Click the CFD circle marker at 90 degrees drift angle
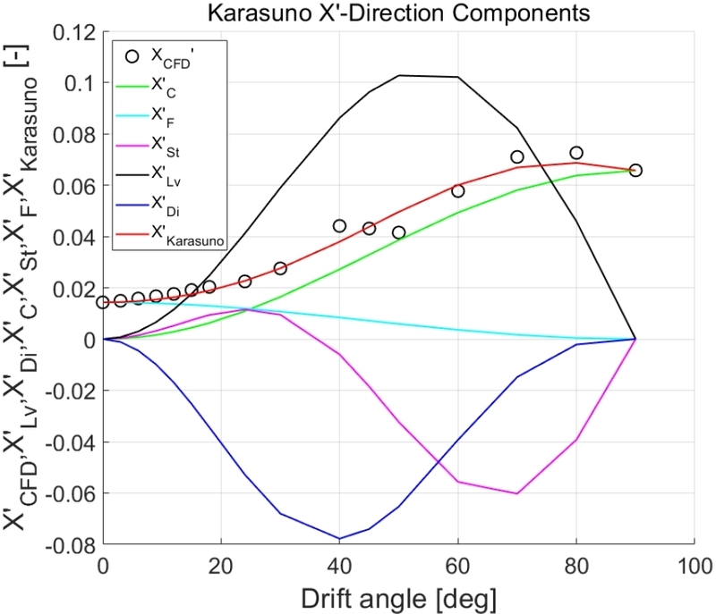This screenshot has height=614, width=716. (635, 170)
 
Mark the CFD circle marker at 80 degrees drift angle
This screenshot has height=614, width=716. (576, 153)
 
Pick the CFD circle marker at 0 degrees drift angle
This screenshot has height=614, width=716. (103, 303)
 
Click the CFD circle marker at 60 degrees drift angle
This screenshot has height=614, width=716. (458, 191)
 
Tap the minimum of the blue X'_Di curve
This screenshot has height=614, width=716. (339, 539)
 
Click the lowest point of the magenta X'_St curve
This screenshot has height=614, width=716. (517, 493)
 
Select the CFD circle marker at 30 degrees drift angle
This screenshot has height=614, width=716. (280, 268)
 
